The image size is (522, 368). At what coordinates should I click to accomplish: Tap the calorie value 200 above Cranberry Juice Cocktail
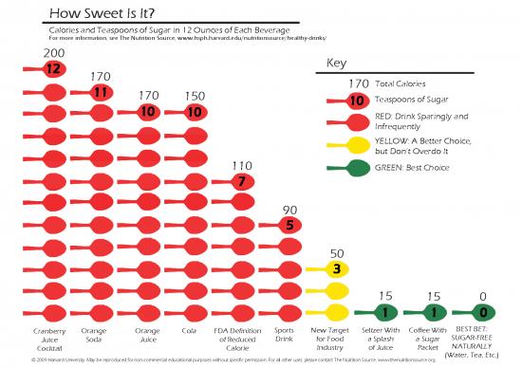[53, 52]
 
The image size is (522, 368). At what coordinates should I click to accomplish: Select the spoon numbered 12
[53, 68]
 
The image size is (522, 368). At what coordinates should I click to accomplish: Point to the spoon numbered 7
[242, 181]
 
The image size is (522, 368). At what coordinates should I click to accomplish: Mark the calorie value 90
[289, 210]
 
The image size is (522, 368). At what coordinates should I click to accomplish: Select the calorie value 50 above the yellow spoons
[337, 253]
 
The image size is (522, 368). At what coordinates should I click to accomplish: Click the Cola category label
[189, 331]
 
